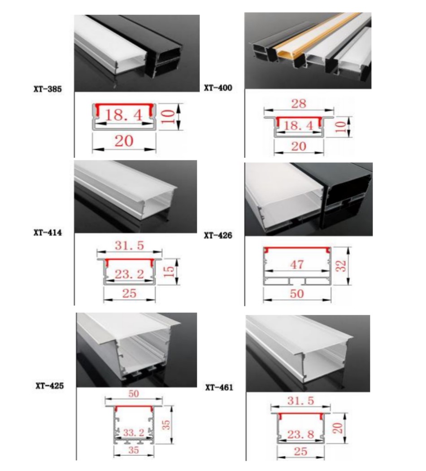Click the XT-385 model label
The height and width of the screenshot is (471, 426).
point(47,89)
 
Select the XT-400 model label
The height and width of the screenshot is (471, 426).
point(218,88)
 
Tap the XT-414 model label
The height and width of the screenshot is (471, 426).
point(47,232)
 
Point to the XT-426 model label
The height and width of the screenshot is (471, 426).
point(218,235)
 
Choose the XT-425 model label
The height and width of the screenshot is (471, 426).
point(49,385)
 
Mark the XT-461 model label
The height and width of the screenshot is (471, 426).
point(219,387)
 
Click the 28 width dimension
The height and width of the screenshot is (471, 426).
point(298,104)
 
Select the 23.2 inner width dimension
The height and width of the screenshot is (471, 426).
point(129,275)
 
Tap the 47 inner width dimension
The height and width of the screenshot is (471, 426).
point(297,264)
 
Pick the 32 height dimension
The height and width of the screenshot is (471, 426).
point(342,266)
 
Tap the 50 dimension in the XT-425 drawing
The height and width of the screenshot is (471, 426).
point(134,393)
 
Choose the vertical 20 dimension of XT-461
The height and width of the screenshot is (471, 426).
point(339,427)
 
